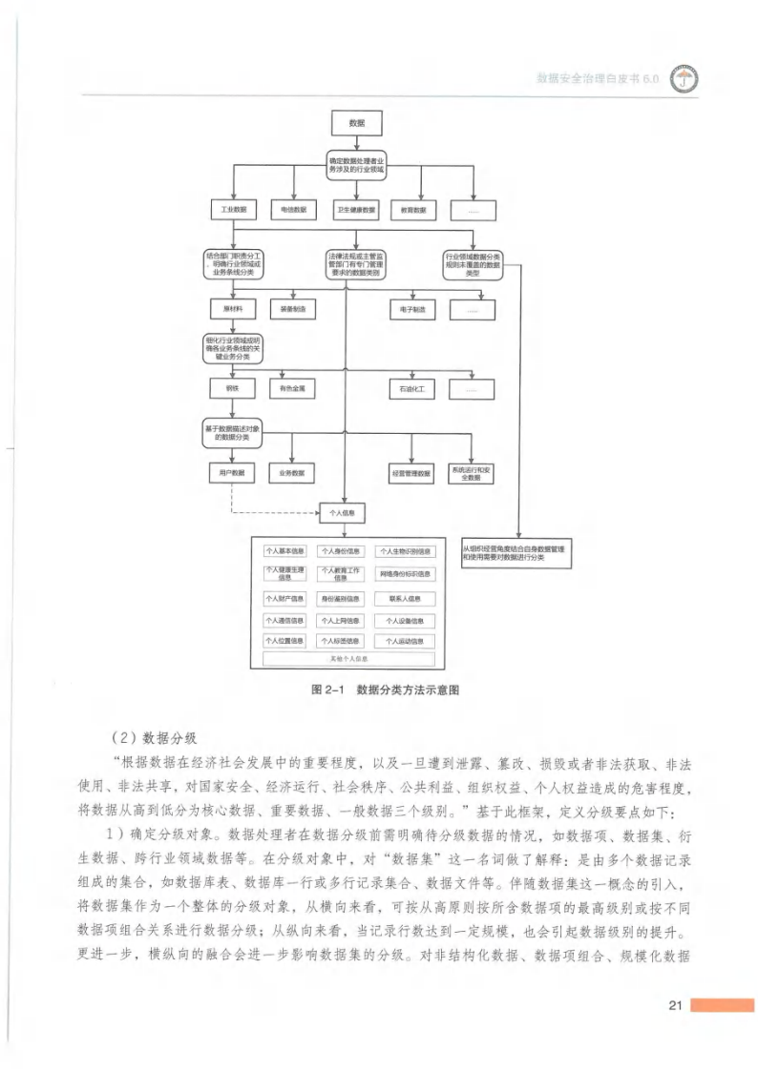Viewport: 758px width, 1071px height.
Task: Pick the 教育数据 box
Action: (x=413, y=209)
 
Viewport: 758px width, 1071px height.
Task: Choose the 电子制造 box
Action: (x=412, y=309)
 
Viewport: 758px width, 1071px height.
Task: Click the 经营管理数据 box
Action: (x=411, y=472)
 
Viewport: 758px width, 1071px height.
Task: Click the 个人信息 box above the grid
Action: (x=342, y=513)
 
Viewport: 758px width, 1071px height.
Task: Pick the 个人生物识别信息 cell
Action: (x=405, y=551)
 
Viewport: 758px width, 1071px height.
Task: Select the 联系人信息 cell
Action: (x=405, y=599)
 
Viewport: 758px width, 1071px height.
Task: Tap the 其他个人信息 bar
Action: (x=347, y=658)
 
